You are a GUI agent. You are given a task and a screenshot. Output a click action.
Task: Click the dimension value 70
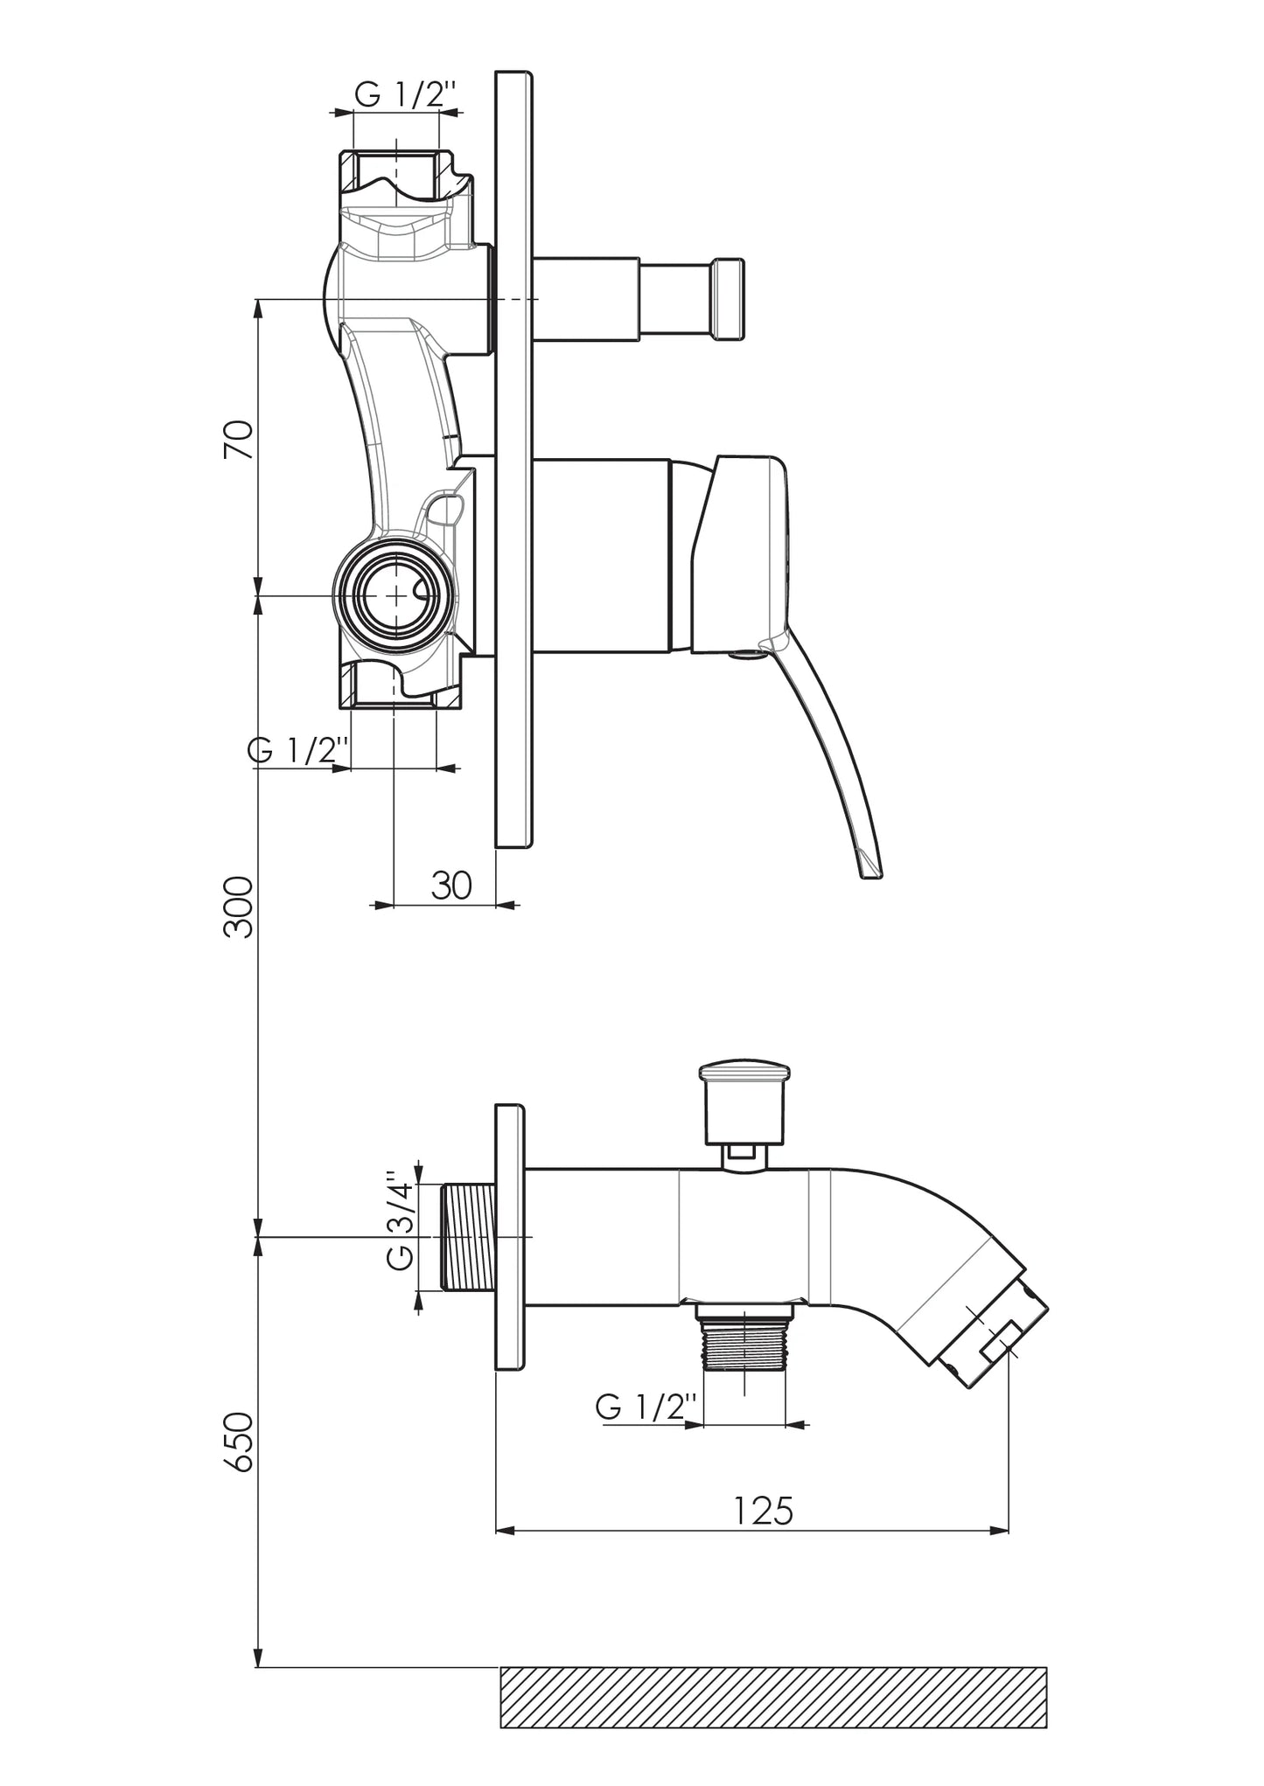pos(239,440)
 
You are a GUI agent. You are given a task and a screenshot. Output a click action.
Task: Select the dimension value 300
pos(239,908)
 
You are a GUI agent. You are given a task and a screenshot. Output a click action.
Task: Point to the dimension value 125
pos(764,1510)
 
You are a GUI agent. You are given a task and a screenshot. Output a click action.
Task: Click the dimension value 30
pos(451,886)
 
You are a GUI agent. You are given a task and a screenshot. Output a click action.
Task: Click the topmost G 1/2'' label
pos(405,94)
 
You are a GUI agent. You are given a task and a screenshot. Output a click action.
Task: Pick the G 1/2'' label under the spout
pos(646,1407)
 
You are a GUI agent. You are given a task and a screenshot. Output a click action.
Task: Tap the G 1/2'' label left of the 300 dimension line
pos(299,749)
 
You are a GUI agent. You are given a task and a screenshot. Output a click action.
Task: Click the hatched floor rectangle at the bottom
pos(773,1697)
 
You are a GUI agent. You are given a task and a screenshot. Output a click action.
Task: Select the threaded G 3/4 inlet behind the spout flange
pos(469,1236)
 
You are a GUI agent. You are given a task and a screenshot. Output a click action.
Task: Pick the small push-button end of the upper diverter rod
pos(730,299)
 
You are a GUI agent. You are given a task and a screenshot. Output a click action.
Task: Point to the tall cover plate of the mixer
pos(513,459)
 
